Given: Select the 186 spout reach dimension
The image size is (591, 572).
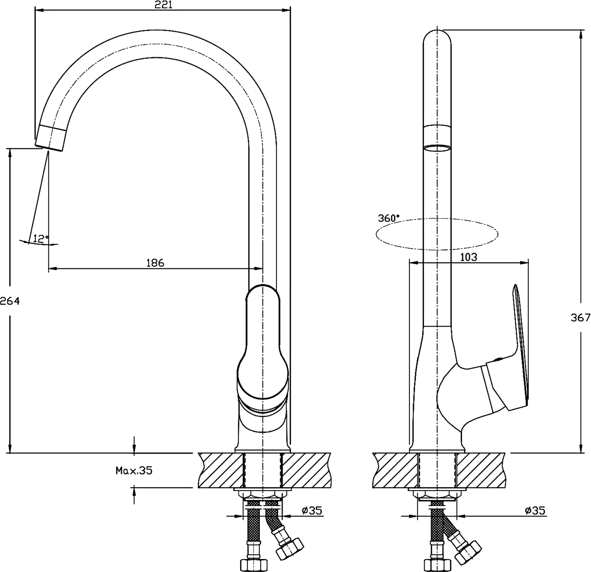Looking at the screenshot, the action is click(x=155, y=263).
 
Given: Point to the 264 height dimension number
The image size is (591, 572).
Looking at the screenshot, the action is click(x=10, y=301).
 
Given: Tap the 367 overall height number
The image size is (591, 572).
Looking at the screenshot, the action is click(x=580, y=317).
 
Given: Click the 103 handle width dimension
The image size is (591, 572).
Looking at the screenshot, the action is click(x=469, y=257).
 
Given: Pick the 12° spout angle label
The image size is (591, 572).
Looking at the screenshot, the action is click(x=41, y=239).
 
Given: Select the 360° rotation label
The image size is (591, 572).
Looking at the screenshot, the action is click(x=388, y=218).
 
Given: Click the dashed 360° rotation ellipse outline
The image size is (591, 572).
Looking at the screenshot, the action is click(x=437, y=234).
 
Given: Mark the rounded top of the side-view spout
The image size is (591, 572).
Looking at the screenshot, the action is click(x=437, y=38).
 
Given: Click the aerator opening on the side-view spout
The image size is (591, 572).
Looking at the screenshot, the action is click(x=437, y=148).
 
